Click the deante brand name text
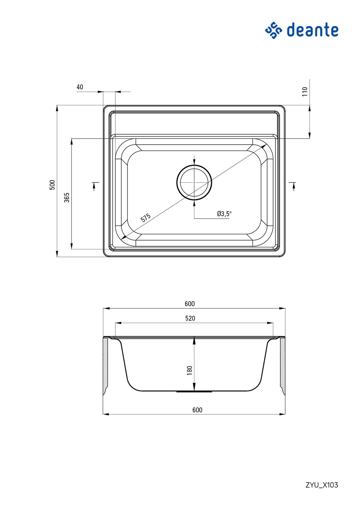click(312, 30)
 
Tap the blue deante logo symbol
click(273, 30)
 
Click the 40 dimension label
click(80, 87)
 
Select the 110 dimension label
click(305, 92)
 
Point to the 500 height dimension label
click(53, 185)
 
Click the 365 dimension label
click(67, 198)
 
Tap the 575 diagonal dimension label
click(146, 218)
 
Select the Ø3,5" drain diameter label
click(224, 214)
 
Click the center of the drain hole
click(194, 182)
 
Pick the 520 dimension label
click(190, 318)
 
